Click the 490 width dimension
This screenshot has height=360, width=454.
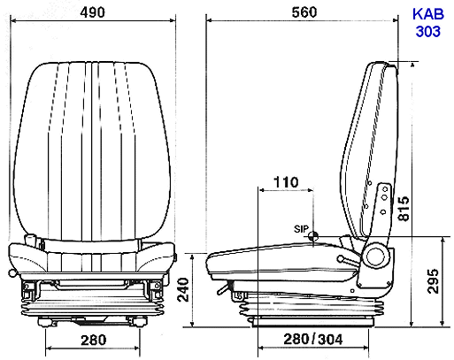[x=92, y=12]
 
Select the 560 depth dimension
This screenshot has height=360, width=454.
[x=304, y=12]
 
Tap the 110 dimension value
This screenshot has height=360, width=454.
[x=286, y=182]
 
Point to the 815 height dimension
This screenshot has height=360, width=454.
[x=404, y=209]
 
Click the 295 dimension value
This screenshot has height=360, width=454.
[x=433, y=281]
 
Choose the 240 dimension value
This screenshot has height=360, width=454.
[x=183, y=289]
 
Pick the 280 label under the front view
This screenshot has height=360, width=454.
[x=94, y=340]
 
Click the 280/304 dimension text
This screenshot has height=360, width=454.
[x=313, y=340]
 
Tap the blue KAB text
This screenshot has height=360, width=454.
[x=428, y=14]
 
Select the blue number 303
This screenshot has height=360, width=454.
[x=428, y=31]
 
